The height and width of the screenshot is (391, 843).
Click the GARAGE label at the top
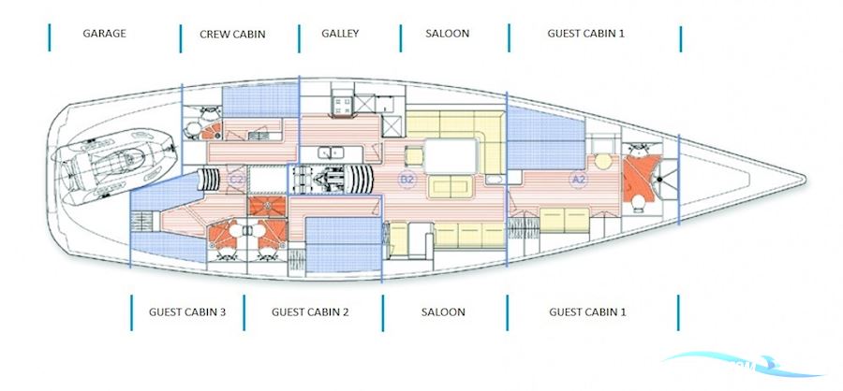tap(104, 33)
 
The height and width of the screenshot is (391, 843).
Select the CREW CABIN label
tap(232, 34)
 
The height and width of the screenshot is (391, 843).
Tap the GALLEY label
tap(340, 33)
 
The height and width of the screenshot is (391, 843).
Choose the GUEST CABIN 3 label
tap(187, 311)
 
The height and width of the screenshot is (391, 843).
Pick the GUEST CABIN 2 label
tap(310, 311)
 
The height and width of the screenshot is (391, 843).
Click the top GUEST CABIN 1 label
tap(585, 33)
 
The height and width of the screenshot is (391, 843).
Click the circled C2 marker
tap(237, 179)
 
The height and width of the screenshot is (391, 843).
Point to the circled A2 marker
tap(578, 178)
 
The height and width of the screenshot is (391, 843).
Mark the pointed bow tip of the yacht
tap(801, 179)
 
